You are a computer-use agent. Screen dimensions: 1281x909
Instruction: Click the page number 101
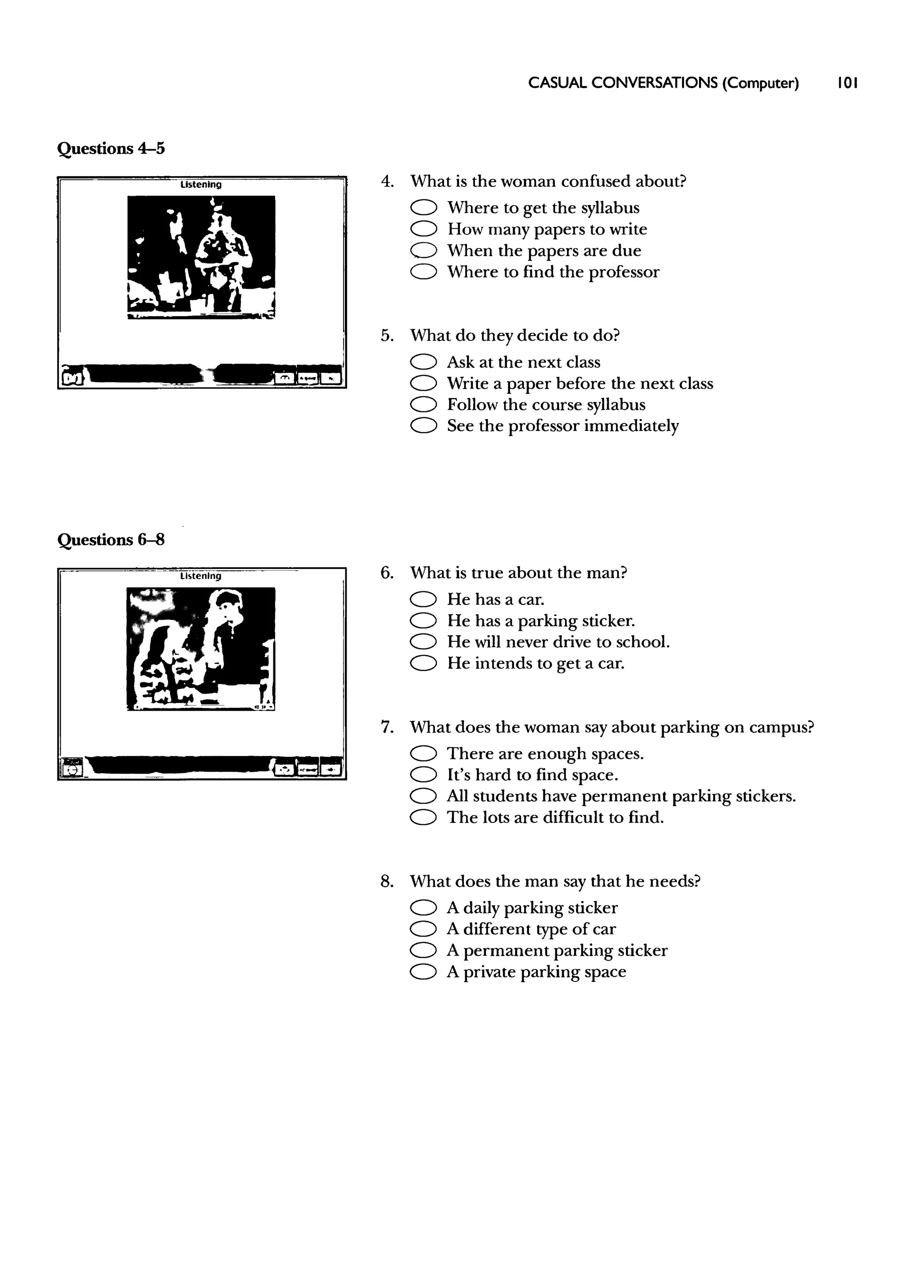click(x=847, y=83)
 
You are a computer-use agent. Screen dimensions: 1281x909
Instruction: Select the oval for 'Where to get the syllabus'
click(x=423, y=208)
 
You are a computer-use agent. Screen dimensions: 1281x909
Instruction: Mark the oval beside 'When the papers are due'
click(x=423, y=251)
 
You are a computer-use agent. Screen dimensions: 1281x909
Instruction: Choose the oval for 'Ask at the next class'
click(x=423, y=363)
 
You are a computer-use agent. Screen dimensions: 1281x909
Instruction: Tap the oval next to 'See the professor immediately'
click(x=423, y=427)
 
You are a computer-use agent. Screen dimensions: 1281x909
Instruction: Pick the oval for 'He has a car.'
click(x=423, y=600)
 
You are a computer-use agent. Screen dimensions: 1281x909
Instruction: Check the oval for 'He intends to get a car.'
click(x=423, y=664)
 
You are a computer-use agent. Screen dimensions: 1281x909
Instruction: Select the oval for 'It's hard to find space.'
click(x=423, y=775)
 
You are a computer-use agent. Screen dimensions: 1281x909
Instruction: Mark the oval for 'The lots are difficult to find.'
click(x=423, y=818)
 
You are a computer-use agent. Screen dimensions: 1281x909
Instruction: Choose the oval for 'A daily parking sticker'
click(x=423, y=908)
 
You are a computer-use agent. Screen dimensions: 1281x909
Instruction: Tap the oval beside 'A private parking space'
click(x=423, y=972)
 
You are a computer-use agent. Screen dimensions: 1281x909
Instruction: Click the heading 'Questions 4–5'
click(x=111, y=149)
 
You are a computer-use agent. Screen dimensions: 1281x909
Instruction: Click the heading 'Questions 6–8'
click(x=111, y=540)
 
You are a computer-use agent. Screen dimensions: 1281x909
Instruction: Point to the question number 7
click(x=387, y=727)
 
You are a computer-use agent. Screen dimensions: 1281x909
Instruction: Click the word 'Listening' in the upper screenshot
click(x=201, y=185)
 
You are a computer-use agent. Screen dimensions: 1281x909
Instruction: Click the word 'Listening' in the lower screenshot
click(x=201, y=576)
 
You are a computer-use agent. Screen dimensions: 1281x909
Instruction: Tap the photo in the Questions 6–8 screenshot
click(x=201, y=648)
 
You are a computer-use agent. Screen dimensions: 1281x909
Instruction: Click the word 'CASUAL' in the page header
click(x=557, y=83)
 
